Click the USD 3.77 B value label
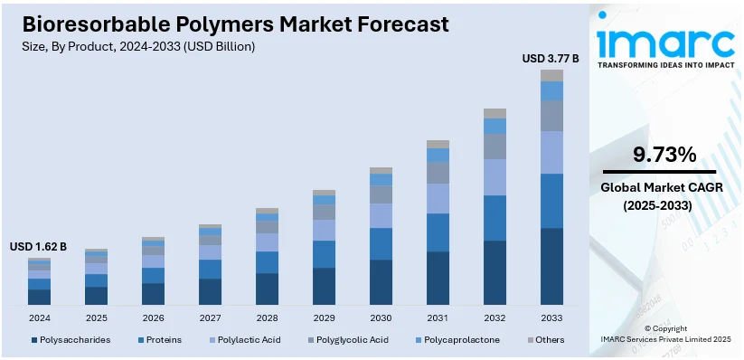[x=551, y=59]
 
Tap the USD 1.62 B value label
[x=38, y=246]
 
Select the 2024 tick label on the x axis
[x=39, y=317]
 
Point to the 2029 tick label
[x=324, y=317]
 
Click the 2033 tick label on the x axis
[x=551, y=317]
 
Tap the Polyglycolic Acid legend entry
[x=349, y=340]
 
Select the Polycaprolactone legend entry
[x=459, y=340]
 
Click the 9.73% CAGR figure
[x=664, y=155]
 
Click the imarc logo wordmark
[x=664, y=42]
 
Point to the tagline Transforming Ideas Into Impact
[x=664, y=65]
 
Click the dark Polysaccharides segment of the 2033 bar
[x=551, y=266]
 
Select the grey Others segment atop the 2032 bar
[x=494, y=113]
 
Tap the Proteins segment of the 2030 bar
[x=381, y=243]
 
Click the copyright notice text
[x=665, y=334]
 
